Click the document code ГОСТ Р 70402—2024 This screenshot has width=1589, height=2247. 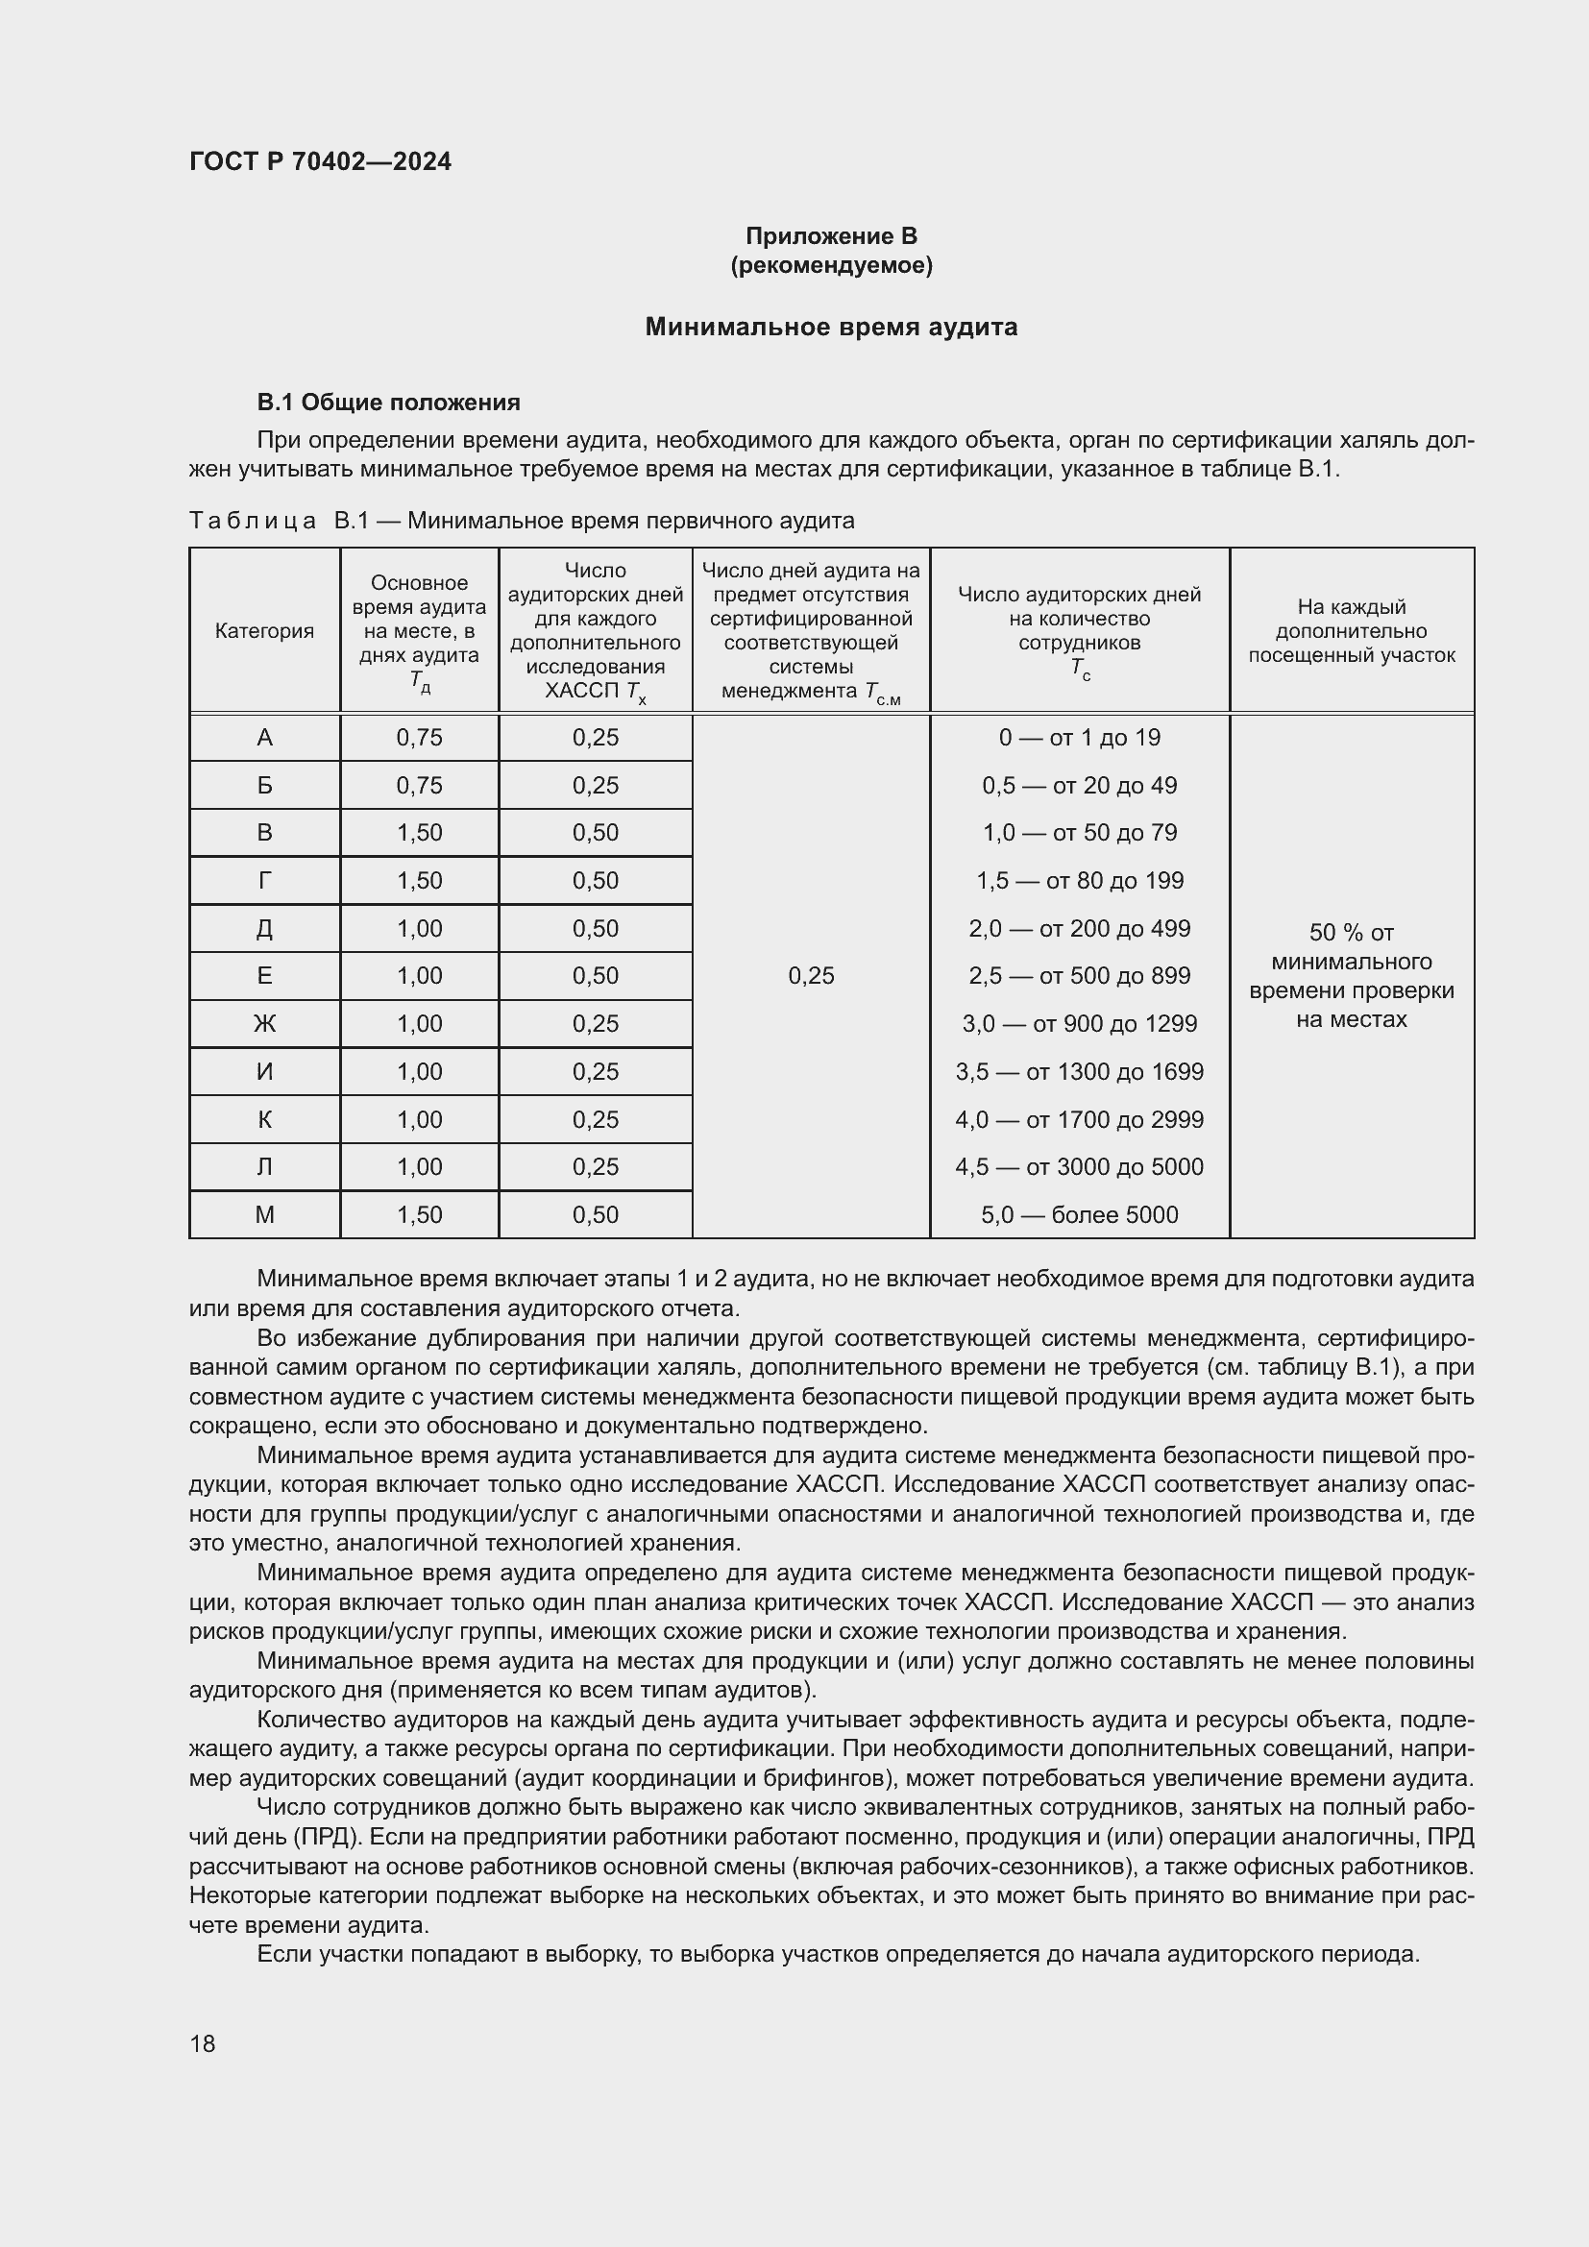(320, 161)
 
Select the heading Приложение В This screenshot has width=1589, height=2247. (831, 236)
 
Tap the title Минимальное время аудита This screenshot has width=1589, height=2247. (831, 327)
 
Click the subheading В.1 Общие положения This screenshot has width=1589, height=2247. (388, 403)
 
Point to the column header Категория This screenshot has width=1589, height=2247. (264, 631)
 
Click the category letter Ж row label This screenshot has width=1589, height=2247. (264, 1024)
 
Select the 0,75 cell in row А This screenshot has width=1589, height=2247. (419, 738)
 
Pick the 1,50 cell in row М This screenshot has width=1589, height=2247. (419, 1214)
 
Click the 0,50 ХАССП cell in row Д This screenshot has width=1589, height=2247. (595, 928)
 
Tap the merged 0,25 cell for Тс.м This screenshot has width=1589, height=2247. (811, 976)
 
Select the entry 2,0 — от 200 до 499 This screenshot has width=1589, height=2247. (1079, 928)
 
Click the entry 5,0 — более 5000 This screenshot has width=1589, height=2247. (1079, 1214)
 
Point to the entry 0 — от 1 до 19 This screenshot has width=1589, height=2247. (1079, 738)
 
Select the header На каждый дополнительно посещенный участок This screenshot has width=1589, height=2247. (1352, 631)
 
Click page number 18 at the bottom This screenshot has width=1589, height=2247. (203, 2043)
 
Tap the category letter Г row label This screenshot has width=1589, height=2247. (264, 881)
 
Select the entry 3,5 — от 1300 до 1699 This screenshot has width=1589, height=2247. (1079, 1072)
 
